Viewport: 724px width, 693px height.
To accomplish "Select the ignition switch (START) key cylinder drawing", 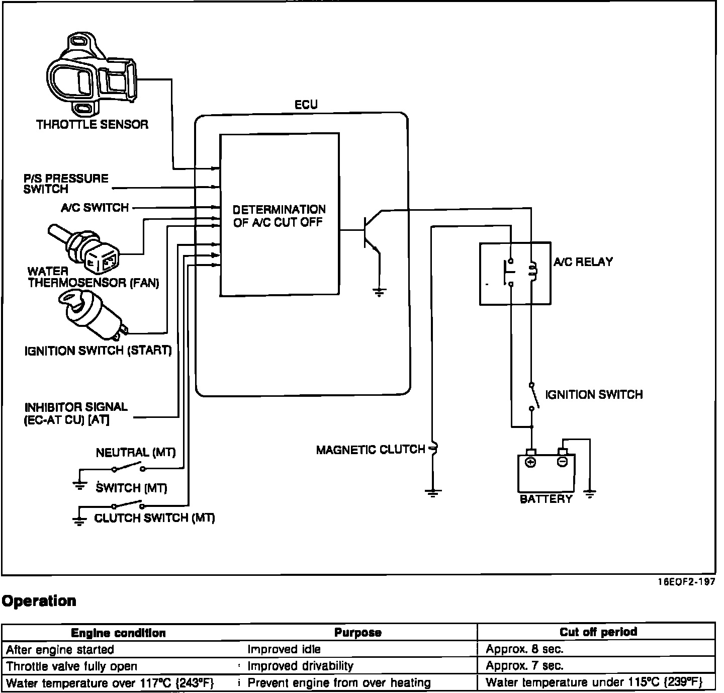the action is [93, 315].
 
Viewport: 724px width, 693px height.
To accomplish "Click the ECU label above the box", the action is [306, 105].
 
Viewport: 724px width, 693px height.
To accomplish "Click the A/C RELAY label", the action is [583, 262].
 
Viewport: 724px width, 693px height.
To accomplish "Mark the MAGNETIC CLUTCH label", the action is [371, 450].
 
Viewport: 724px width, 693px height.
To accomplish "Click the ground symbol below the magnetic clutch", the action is [433, 493].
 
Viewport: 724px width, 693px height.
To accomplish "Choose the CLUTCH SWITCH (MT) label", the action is [154, 518].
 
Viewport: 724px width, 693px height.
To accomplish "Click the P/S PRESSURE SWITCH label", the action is [66, 184].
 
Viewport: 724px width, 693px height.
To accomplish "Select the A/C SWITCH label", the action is [95, 207].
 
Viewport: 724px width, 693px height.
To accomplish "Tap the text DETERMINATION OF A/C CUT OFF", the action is [279, 216].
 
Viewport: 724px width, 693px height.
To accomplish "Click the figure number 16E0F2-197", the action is [686, 582].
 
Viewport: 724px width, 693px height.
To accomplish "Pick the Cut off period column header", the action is [598, 632].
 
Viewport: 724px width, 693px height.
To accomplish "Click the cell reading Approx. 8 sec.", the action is [524, 649].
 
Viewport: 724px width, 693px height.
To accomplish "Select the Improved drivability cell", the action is [300, 666].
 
